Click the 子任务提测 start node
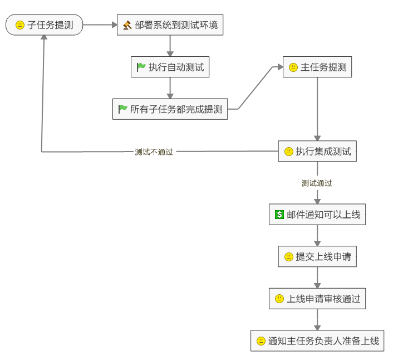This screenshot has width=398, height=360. (x=44, y=25)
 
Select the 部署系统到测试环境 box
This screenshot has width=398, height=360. (x=170, y=25)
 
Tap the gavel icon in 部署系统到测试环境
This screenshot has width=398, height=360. (x=127, y=25)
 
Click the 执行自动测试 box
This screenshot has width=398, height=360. (x=170, y=67)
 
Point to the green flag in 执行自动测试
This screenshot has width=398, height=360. (x=141, y=67)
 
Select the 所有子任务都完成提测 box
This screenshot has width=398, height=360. (x=170, y=109)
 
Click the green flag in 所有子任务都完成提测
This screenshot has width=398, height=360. (x=123, y=109)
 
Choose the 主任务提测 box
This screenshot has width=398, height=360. (x=317, y=67)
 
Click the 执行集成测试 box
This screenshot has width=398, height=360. (x=317, y=151)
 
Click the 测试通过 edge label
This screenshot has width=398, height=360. (x=317, y=183)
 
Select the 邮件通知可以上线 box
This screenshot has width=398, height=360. (x=317, y=215)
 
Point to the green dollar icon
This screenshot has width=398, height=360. (x=279, y=215)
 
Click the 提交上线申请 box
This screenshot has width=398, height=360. (x=317, y=257)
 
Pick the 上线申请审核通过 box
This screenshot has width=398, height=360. (x=317, y=299)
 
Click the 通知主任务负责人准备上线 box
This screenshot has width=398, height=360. (x=317, y=340)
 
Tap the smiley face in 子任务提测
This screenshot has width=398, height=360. (x=20, y=25)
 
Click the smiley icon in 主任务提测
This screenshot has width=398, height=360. (x=293, y=67)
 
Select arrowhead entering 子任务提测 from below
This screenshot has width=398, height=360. (x=42, y=40)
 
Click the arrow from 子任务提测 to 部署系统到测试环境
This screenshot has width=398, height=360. (x=99, y=25)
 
